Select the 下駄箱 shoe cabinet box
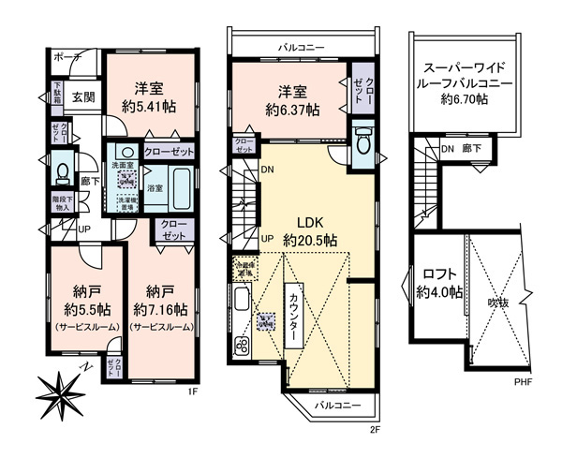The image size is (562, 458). coord(57,96)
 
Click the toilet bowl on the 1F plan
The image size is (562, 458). coord(62,172)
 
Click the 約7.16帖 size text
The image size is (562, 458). coord(160,308)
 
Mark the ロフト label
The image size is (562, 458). coord(438,274)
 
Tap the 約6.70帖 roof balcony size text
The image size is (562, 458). coord(465,100)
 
